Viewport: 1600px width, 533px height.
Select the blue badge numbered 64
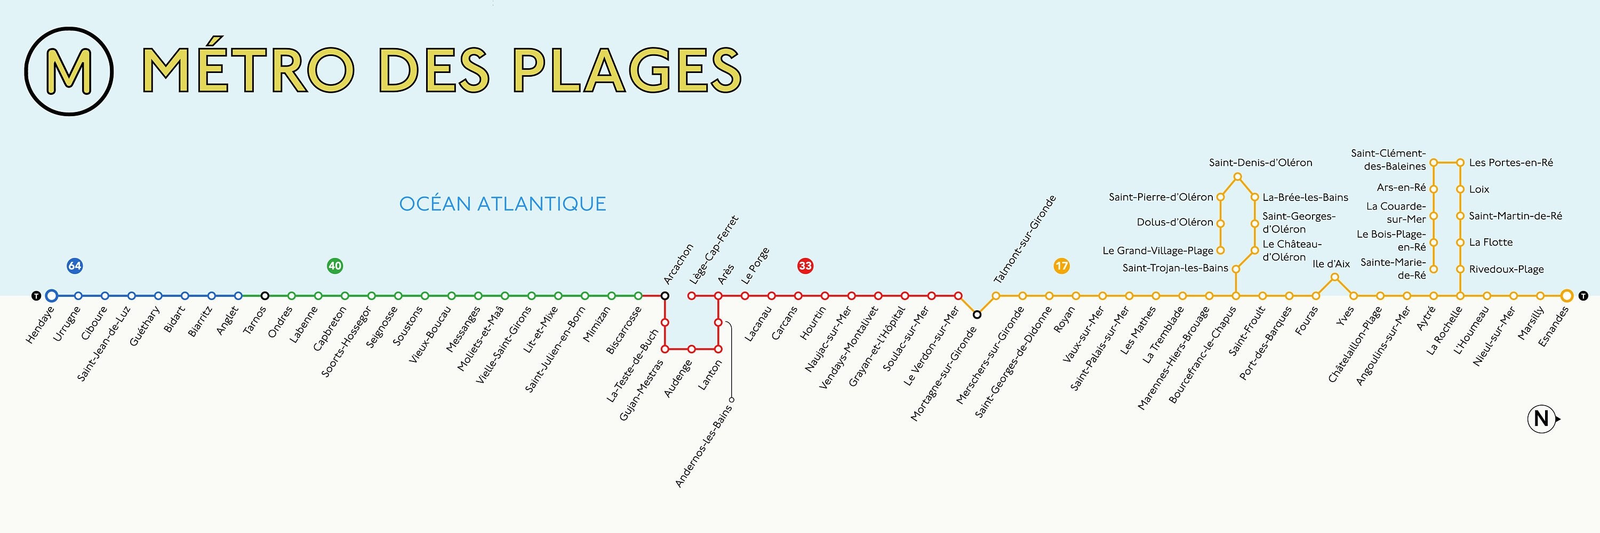pos(75,265)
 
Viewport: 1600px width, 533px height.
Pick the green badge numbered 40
pos(335,265)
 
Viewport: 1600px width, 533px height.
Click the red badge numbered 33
pos(805,265)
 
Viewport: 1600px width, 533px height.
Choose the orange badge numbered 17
pos(1061,265)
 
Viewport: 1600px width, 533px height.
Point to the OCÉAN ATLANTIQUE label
pos(502,204)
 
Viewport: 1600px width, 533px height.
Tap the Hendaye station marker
pos(52,296)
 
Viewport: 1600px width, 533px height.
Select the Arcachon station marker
pos(665,296)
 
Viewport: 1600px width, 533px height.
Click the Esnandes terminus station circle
pos(1566,296)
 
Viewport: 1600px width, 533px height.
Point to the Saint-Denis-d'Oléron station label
pos(1260,163)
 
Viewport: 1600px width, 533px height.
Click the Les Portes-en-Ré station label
pos(1510,163)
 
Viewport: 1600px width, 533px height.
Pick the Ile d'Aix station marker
pos(1334,277)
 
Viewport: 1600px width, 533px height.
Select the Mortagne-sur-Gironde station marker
pos(977,314)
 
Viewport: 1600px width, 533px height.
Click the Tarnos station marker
pos(265,296)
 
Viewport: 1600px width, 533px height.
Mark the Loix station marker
pos(1460,189)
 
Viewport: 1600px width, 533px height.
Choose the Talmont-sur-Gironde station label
pos(1025,239)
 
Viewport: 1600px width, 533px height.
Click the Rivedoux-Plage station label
pos(1506,269)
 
